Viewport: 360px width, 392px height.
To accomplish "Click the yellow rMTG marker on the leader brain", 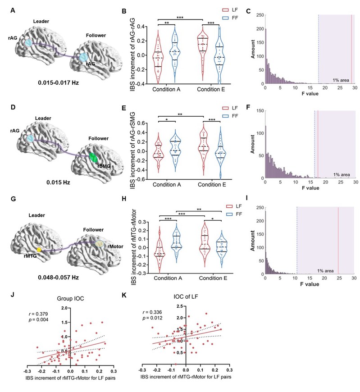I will tap(39, 249).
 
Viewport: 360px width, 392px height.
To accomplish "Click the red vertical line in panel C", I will tap(351, 50).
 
